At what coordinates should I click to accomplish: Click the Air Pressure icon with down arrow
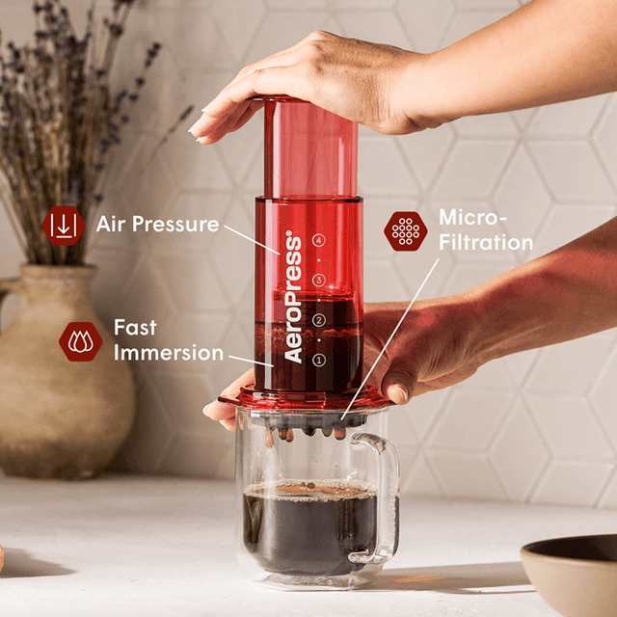64,225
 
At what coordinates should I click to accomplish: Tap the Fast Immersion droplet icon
80,340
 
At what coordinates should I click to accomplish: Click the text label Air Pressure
157,225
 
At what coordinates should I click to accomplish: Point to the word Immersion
169,353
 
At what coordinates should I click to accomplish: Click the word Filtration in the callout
486,242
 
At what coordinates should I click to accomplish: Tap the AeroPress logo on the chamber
293,298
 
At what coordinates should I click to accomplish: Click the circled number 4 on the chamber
319,240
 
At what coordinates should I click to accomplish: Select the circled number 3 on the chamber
319,281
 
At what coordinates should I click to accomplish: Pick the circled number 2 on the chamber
319,319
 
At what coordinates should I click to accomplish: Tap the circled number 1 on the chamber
319,360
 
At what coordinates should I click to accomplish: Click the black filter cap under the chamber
308,420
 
